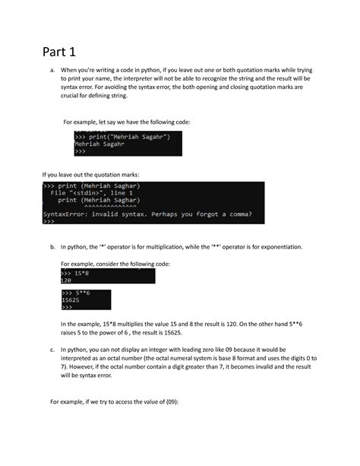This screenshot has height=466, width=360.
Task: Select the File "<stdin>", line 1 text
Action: pos(90,193)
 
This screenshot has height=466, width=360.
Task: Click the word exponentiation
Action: pos(278,247)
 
